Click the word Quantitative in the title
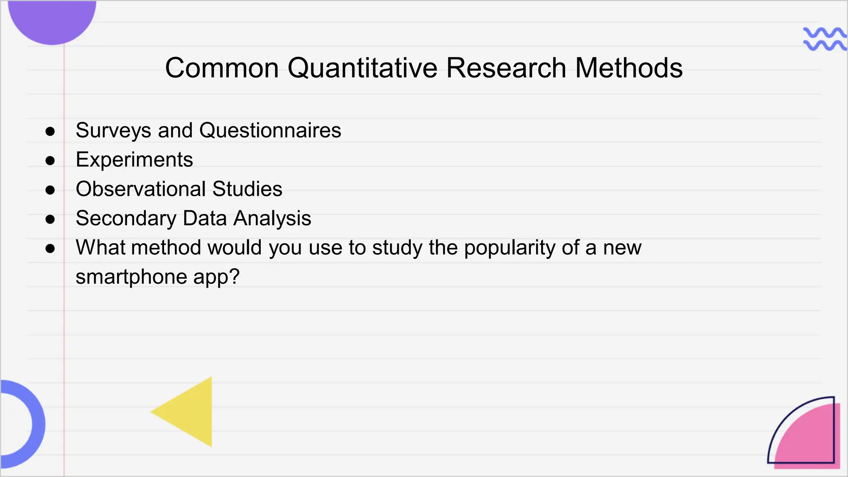pos(362,68)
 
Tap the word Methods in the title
pos(629,68)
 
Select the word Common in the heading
pos(222,68)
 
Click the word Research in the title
pos(506,68)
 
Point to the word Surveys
pos(113,131)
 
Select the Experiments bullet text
pos(134,160)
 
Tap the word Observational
pos(141,189)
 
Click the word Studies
pos(247,189)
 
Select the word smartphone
pos(131,277)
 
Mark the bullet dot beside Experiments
pos(50,161)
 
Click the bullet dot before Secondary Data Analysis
pos(50,219)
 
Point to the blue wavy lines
pos(824,39)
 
